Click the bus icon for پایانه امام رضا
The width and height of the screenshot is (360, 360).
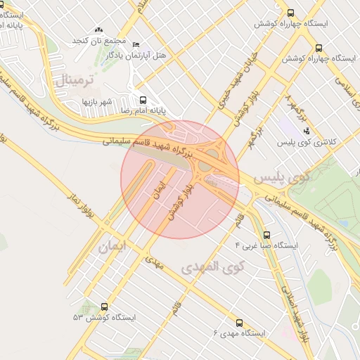point(143,100)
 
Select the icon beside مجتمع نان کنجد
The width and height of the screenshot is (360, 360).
point(98,30)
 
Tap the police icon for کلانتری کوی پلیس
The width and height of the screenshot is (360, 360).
point(306,131)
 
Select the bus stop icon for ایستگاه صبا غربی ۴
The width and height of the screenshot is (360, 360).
point(266,236)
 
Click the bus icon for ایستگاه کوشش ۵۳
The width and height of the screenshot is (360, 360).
point(105,307)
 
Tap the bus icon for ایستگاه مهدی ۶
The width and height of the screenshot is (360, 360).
point(239,323)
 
